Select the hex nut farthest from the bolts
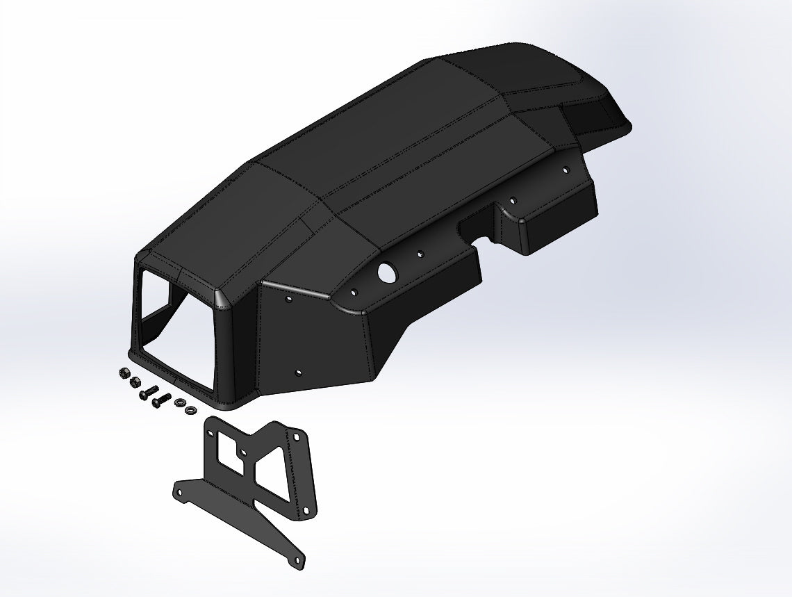pyautogui.click(x=124, y=373)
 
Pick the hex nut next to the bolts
pyautogui.click(x=135, y=382)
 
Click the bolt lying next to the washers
pyautogui.click(x=161, y=399)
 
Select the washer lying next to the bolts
pyautogui.click(x=179, y=402)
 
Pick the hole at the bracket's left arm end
pyautogui.click(x=180, y=491)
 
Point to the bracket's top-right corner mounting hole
pyautogui.click(x=297, y=436)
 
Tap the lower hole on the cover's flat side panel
pyautogui.click(x=299, y=373)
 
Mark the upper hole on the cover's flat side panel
pyautogui.click(x=289, y=300)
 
